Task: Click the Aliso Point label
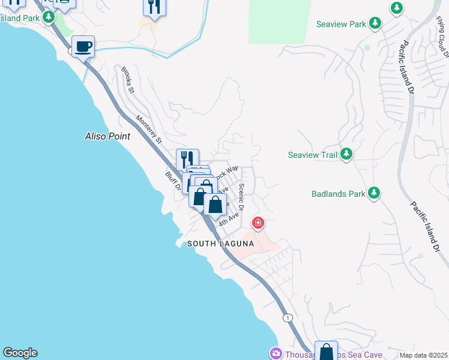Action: (x=107, y=136)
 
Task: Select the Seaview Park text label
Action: (x=341, y=25)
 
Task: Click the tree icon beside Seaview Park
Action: (x=375, y=23)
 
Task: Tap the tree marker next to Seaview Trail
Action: (x=346, y=154)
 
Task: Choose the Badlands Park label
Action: (x=338, y=194)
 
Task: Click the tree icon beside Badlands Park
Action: (x=373, y=193)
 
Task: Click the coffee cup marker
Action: (x=83, y=46)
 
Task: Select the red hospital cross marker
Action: (x=258, y=224)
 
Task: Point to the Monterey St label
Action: (x=149, y=130)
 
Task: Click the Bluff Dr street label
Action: (x=173, y=181)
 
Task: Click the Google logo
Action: (x=20, y=353)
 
